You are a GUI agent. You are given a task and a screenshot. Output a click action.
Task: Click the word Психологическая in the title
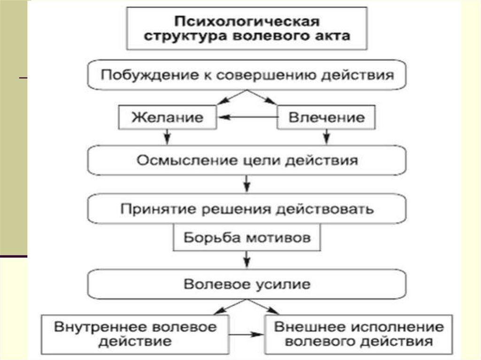pos(247,22)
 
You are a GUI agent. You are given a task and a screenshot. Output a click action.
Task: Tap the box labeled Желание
pos(167,117)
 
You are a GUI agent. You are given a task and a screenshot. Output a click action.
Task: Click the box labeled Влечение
pos(326,117)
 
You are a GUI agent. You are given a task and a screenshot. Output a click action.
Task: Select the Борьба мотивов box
pos(247,237)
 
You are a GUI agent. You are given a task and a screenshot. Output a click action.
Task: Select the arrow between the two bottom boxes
pos(248,334)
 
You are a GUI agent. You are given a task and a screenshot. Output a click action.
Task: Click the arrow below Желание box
pos(167,137)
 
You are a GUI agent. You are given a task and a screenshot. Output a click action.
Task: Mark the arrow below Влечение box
pos(326,137)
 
